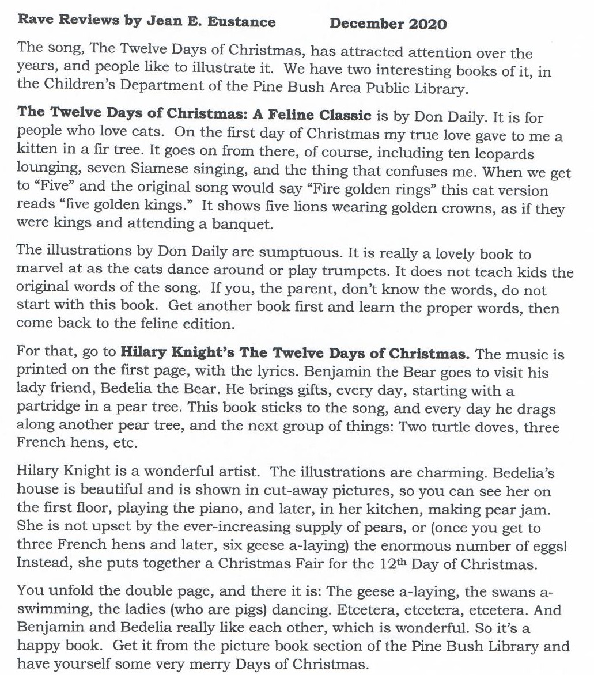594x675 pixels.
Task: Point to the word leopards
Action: pos(505,155)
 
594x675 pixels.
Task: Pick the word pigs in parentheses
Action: pos(259,610)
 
